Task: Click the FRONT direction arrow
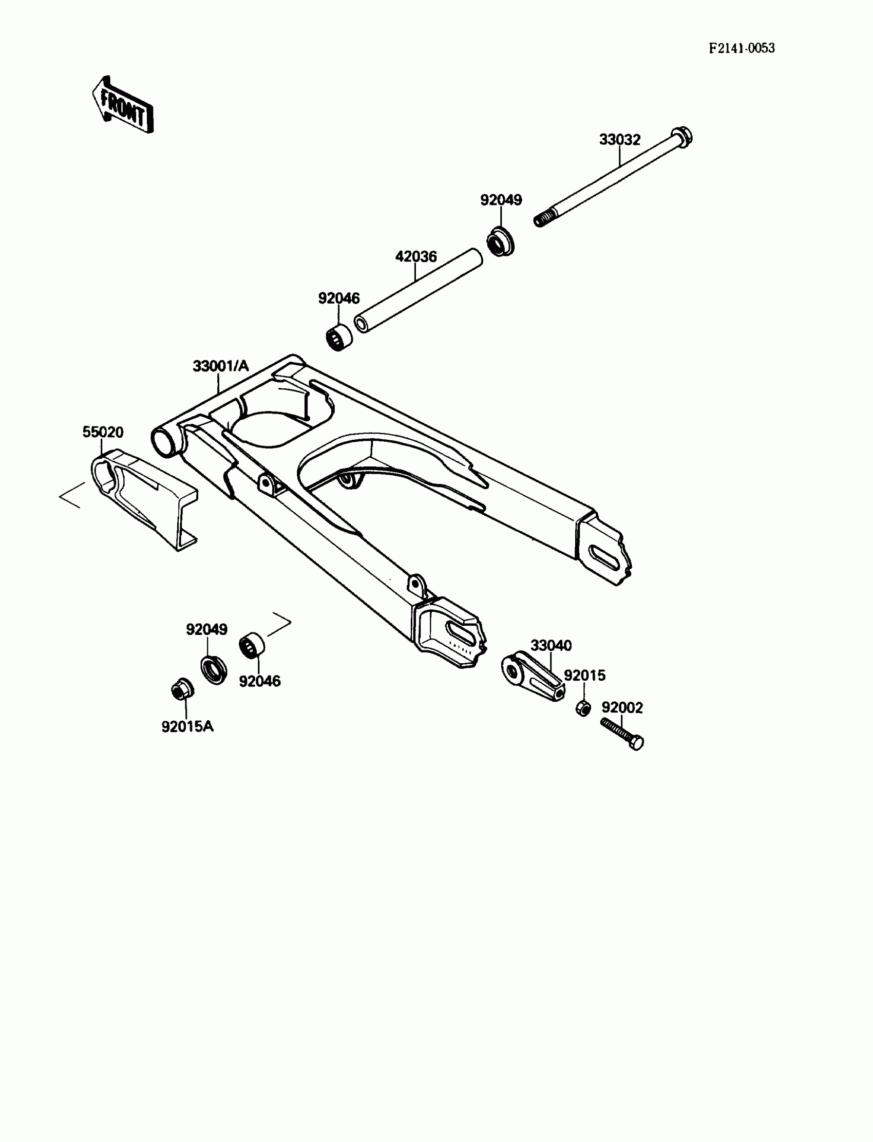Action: [x=123, y=105]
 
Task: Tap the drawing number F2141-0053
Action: [x=742, y=48]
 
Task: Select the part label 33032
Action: [x=619, y=140]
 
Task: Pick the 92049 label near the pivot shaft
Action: [x=501, y=200]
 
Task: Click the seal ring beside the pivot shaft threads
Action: [x=500, y=240]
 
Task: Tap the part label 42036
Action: [x=416, y=257]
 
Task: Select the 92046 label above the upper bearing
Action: [x=339, y=298]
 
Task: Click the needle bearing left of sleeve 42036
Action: [x=338, y=338]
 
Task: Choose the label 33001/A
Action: [x=221, y=366]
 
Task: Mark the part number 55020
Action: [x=103, y=432]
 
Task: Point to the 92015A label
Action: [x=187, y=727]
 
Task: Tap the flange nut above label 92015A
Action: [x=182, y=690]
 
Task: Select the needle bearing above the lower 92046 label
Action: [x=252, y=646]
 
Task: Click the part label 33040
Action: [x=551, y=646]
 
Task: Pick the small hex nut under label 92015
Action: [x=583, y=708]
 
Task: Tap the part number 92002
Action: [x=622, y=707]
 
